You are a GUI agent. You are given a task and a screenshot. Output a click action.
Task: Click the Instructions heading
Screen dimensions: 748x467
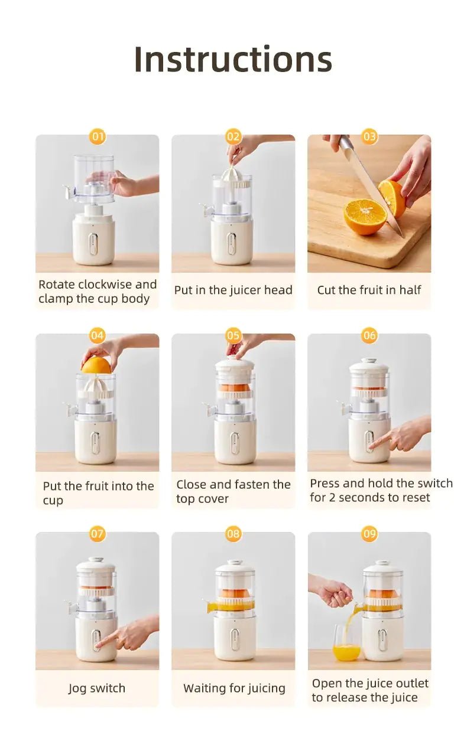233,59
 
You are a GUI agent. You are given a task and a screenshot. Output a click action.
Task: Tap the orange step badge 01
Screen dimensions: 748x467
98,137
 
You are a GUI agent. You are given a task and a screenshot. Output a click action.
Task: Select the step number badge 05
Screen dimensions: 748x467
234,335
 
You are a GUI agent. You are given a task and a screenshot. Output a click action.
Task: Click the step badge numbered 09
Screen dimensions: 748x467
369,534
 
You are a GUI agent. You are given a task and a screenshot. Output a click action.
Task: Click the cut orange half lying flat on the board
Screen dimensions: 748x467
364,216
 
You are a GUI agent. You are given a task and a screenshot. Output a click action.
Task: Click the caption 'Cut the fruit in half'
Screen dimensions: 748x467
369,290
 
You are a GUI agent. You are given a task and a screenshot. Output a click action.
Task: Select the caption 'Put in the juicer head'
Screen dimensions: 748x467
233,290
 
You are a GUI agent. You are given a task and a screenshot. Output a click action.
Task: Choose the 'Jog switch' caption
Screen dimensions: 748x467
97,688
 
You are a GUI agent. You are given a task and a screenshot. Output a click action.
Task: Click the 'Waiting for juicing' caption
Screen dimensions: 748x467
234,688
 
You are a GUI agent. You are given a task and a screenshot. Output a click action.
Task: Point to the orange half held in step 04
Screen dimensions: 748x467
96,365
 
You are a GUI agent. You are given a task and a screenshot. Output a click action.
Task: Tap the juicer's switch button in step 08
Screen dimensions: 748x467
235,640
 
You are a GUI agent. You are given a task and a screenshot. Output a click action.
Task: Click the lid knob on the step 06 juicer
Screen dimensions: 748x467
369,360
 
